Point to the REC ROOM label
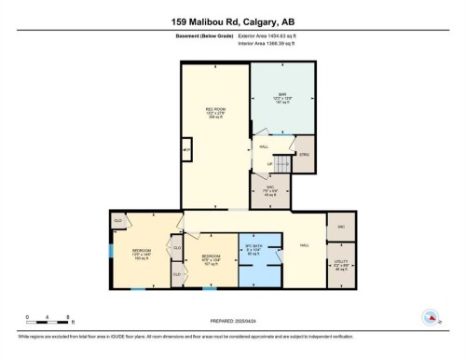[216, 113]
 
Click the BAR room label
[281, 97]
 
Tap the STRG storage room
[303, 155]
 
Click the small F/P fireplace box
[186, 149]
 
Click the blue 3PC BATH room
[258, 249]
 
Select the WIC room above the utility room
[339, 226]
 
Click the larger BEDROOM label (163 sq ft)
[142, 253]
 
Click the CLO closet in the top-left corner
[118, 220]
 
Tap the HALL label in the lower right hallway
[304, 245]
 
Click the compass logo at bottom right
[431, 315]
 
